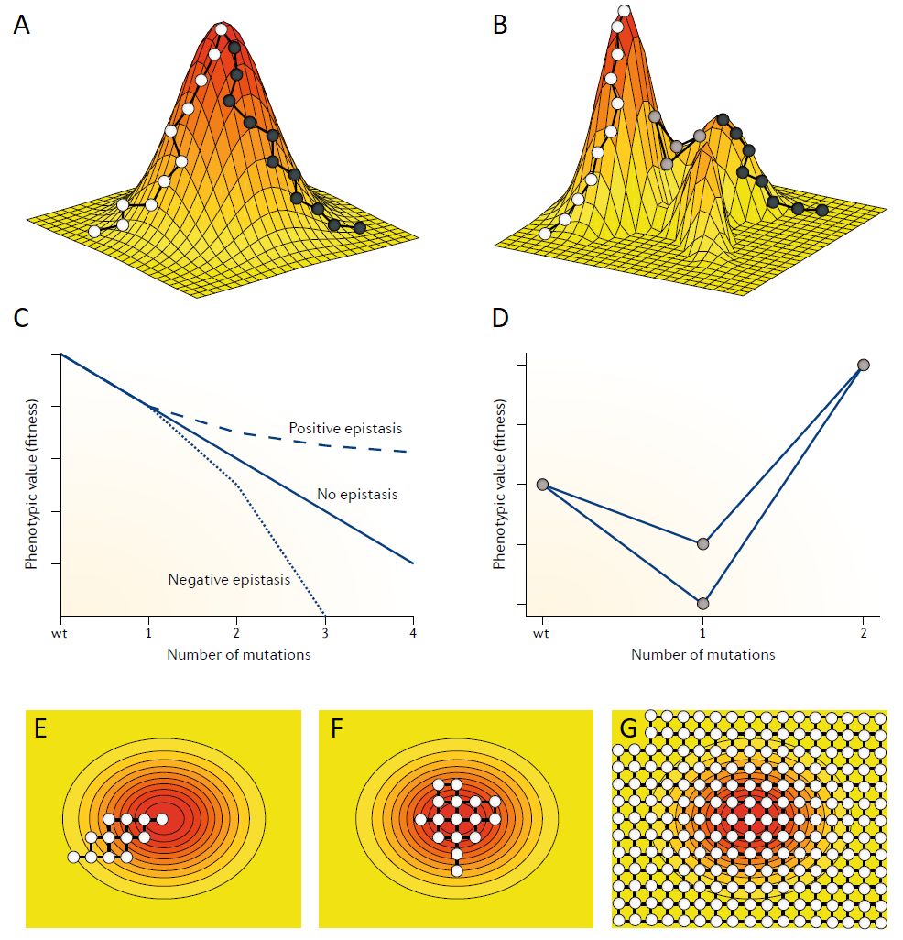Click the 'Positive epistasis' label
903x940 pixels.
[345, 428]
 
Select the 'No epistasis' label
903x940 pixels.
[358, 495]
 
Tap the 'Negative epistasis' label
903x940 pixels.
[229, 579]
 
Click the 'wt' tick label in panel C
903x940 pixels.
[60, 633]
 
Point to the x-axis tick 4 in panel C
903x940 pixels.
[413, 633]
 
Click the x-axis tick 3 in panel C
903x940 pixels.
[325, 633]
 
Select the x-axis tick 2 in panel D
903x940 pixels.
[863, 633]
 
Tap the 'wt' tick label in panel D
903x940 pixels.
[542, 633]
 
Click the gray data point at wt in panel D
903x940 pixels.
[542, 485]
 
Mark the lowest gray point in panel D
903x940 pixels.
[702, 604]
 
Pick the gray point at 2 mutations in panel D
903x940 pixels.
[863, 366]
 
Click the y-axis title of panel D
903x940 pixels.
[499, 484]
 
